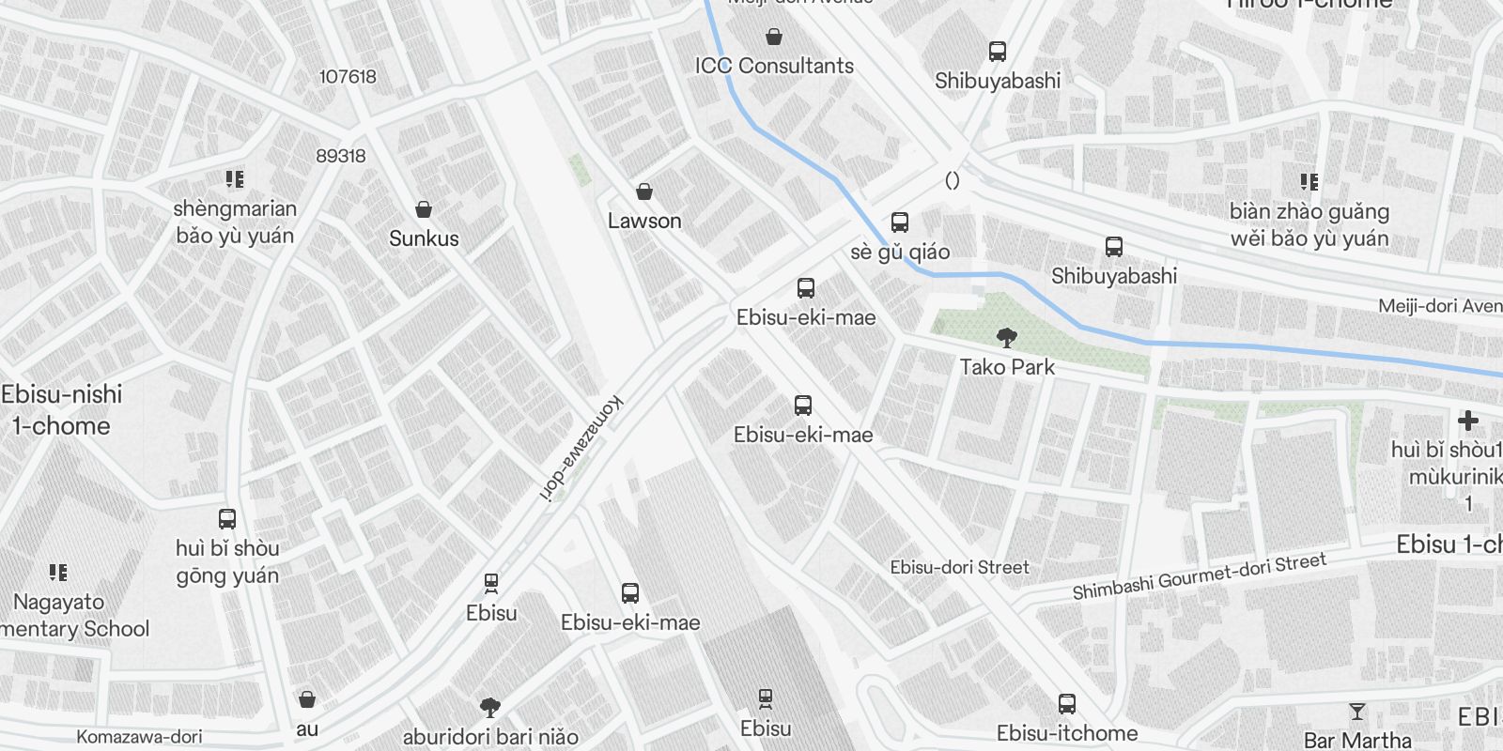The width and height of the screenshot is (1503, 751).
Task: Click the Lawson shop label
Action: coord(644,222)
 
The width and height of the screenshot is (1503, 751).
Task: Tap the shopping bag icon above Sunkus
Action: coord(424,208)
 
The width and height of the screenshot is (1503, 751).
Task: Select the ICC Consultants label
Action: coord(774,66)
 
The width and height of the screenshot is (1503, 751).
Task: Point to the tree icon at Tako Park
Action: coord(1007,337)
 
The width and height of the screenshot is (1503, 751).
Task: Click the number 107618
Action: coord(348,77)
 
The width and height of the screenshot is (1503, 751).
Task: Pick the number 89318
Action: coord(341,156)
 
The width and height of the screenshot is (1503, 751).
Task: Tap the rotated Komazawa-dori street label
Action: coord(581,449)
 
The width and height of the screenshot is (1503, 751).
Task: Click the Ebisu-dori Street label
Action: coord(959,567)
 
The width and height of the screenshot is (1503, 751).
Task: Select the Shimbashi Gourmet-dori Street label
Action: coord(1199,575)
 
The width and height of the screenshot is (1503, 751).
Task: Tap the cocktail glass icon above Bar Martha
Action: coord(1356,712)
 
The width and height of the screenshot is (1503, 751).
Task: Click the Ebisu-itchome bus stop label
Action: coord(1066,733)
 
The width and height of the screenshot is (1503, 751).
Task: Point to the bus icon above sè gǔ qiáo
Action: coord(899,222)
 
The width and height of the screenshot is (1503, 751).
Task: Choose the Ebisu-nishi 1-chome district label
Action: coord(62,410)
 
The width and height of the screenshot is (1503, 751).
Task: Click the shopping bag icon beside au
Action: coord(307,699)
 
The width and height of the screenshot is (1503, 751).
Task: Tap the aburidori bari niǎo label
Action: coord(490,737)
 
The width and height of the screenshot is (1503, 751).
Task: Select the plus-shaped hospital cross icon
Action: coord(1467,421)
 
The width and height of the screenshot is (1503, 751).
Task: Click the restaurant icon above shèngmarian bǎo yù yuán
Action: coord(234,178)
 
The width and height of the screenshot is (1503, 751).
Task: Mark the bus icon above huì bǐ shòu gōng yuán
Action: coord(227,519)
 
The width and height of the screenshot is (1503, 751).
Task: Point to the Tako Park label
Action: coord(1007,367)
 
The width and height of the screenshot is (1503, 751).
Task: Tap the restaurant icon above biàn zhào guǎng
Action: coord(1309,181)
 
